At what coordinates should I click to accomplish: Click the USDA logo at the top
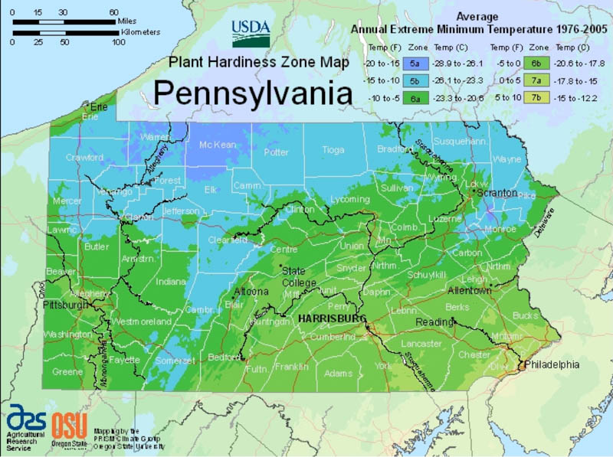251,33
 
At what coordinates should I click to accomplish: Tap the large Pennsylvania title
253,91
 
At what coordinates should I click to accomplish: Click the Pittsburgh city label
64,305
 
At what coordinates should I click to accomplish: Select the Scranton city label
497,194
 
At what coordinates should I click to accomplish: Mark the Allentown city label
469,291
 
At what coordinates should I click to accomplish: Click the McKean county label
217,145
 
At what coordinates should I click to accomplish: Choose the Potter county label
276,152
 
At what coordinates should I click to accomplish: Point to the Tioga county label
333,150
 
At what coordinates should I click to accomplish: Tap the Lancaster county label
421,344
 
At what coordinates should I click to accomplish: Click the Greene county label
67,372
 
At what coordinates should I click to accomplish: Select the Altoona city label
251,292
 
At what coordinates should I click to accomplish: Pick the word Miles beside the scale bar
127,21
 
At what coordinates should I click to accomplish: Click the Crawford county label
84,158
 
